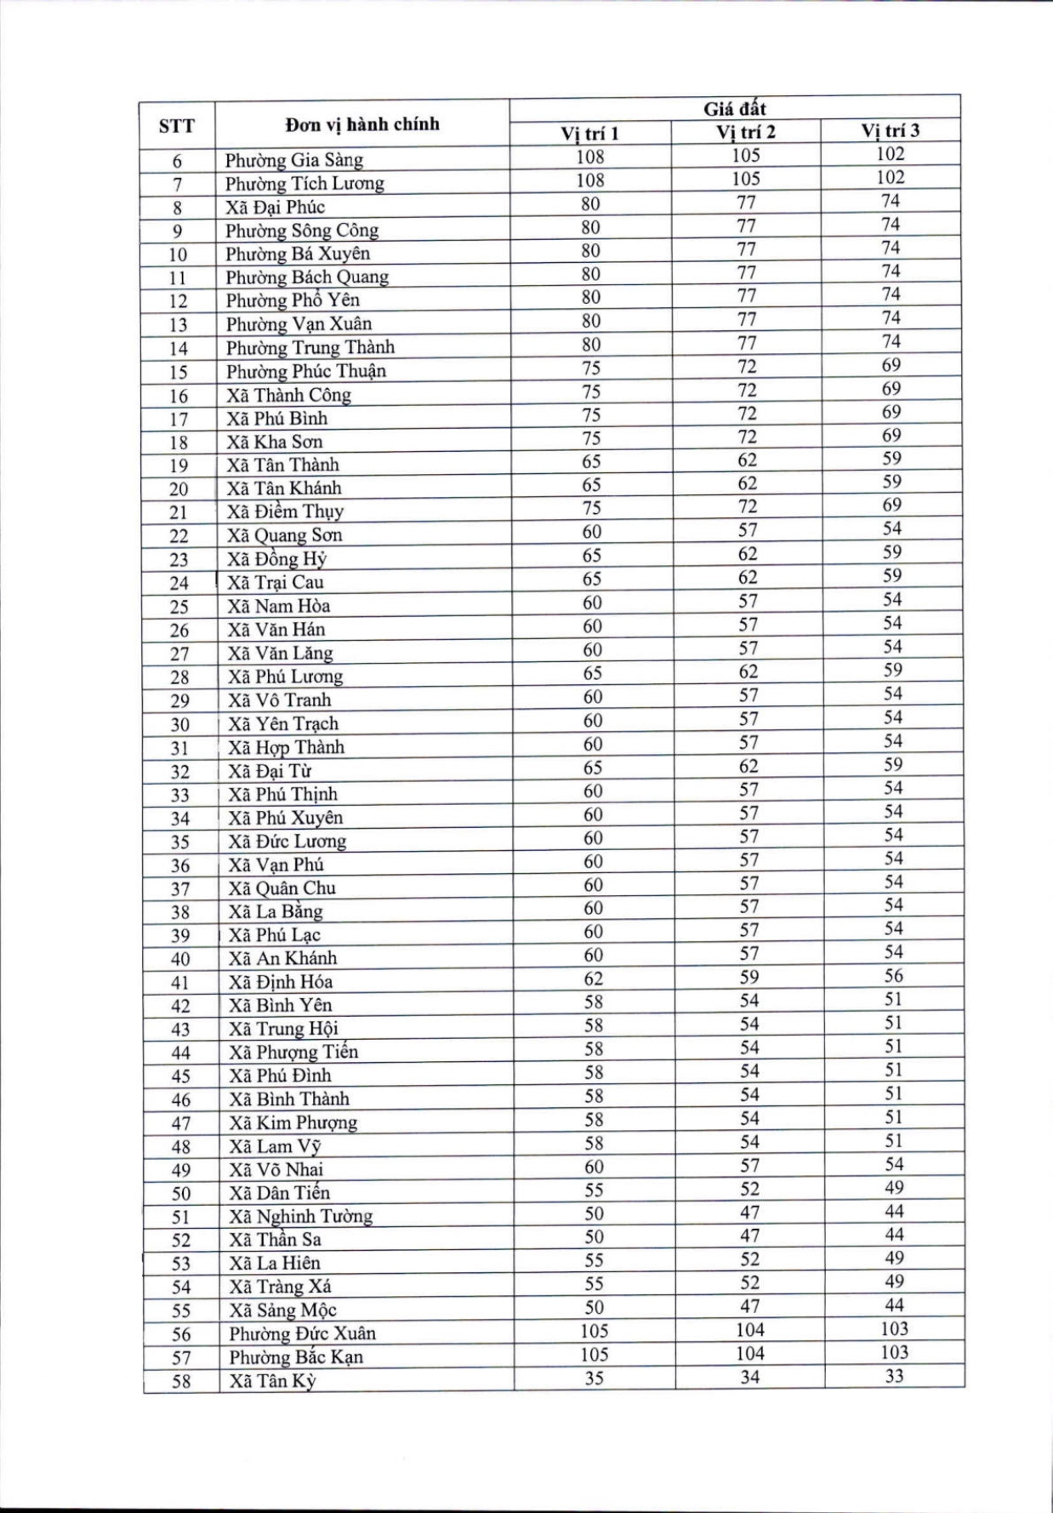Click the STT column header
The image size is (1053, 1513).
(176, 127)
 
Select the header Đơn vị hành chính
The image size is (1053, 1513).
(362, 124)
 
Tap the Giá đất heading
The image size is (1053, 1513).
(734, 109)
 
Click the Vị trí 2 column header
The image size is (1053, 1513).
(746, 132)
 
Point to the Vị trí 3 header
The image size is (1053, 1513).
(890, 130)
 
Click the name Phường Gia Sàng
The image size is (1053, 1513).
(293, 160)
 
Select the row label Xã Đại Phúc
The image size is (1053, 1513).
(275, 207)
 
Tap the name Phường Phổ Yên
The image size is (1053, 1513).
(293, 300)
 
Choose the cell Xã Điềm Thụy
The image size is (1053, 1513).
(285, 511)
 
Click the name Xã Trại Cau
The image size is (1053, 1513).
(276, 582)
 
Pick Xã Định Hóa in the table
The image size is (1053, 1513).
(281, 981)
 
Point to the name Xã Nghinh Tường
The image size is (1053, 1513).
(300, 1216)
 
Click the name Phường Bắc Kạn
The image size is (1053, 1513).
(296, 1356)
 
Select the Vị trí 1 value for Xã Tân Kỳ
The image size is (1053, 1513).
(594, 1378)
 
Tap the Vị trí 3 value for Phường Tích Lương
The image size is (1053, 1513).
(891, 178)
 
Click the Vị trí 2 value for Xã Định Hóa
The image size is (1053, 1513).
(748, 977)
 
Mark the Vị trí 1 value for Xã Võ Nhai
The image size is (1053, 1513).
(594, 1167)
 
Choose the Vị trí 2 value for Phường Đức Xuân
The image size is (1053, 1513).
(750, 1330)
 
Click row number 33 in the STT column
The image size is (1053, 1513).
(180, 796)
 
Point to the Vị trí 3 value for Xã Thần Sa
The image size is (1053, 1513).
(893, 1235)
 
